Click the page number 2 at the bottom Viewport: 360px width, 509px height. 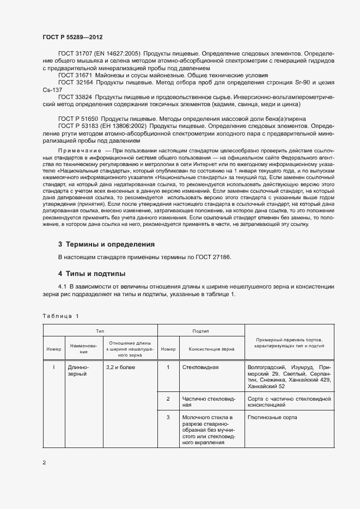tap(45, 463)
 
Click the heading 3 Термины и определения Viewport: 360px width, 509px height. tap(106, 229)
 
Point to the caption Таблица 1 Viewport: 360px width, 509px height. tap(60, 316)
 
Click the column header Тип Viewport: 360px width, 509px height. tap(100, 330)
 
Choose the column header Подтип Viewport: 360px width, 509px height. tap(201, 330)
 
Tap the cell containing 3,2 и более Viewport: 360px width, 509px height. tap(120, 367)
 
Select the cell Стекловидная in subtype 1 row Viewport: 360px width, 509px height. tap(200, 367)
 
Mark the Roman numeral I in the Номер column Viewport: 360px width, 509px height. tap(54, 367)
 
